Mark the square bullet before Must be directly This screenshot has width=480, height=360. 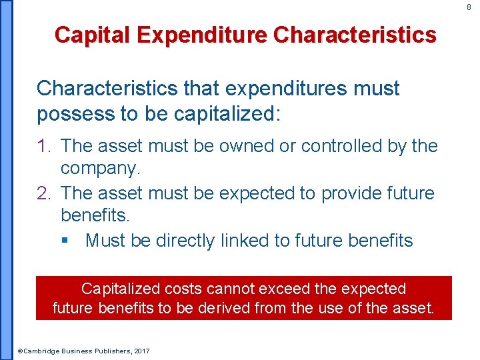(65, 241)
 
